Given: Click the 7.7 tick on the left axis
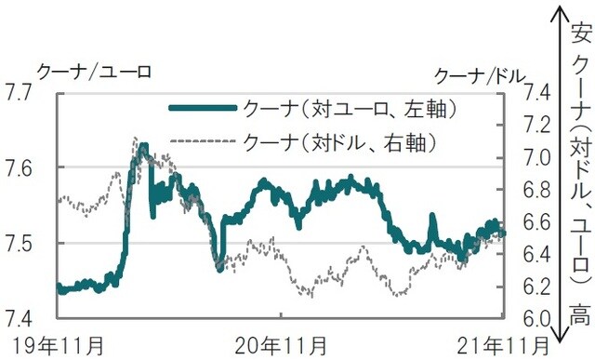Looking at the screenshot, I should pos(20,92).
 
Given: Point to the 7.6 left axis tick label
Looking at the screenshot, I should pos(20,167).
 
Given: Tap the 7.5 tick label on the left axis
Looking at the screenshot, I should pos(20,243).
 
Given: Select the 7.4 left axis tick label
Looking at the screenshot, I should pos(20,317).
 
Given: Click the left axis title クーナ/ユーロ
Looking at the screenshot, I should pos(93,70).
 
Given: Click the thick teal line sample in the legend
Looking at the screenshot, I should pos(202,109).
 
